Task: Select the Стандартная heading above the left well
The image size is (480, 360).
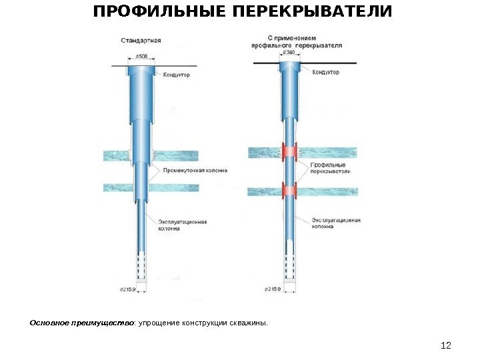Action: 141,40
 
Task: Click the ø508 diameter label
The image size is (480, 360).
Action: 142,57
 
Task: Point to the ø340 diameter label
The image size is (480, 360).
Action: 289,53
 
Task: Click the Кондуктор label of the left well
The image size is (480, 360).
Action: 177,75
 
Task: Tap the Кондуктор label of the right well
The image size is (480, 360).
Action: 326,72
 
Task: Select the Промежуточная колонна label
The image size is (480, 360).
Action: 195,170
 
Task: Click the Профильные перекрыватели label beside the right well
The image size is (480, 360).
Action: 328,168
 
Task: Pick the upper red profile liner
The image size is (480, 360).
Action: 289,152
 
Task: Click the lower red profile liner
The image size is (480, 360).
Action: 289,191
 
